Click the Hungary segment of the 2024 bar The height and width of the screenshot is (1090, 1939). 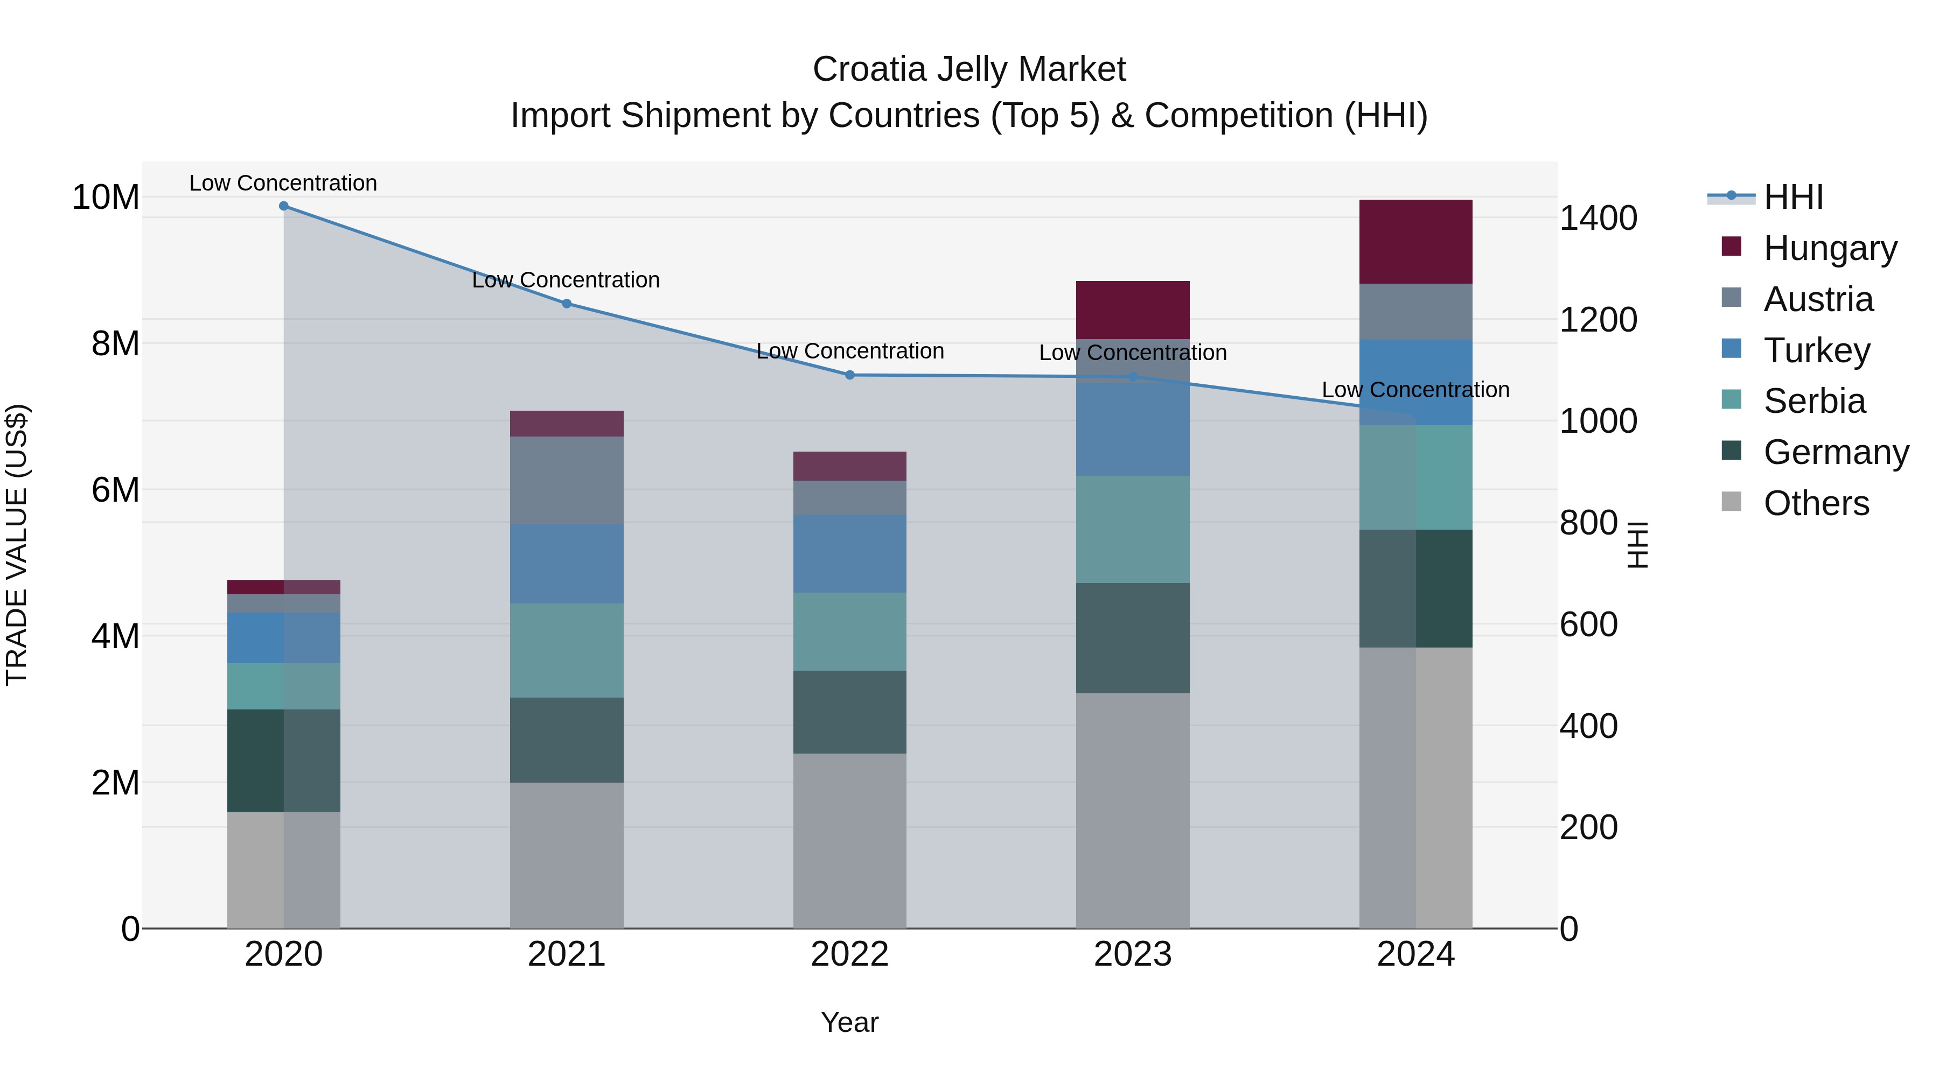point(1415,242)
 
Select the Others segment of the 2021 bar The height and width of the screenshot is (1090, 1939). point(567,855)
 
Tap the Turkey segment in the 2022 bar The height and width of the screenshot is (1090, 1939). point(850,554)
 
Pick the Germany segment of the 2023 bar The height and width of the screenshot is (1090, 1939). point(1133,638)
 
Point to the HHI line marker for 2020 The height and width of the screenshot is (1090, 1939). point(284,206)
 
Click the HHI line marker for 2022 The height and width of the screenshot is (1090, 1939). point(850,375)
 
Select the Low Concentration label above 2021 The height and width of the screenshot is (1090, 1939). point(566,280)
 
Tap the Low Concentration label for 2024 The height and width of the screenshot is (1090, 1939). point(1415,390)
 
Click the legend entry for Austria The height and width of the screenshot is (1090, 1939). point(1818,299)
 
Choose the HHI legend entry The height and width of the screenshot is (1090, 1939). point(1793,197)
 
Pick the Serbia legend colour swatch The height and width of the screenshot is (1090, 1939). point(1731,399)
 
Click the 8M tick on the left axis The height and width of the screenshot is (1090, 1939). point(115,344)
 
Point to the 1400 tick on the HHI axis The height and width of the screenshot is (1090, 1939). point(1598,218)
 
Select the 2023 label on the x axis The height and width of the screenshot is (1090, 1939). point(1133,954)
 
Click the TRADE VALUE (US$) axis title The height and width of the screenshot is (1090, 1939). point(17,545)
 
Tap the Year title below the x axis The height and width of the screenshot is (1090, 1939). point(850,1022)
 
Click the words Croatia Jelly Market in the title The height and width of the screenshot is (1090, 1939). point(969,69)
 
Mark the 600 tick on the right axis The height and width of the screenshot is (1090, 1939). point(1588,624)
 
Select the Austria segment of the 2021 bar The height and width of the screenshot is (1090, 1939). point(567,480)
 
